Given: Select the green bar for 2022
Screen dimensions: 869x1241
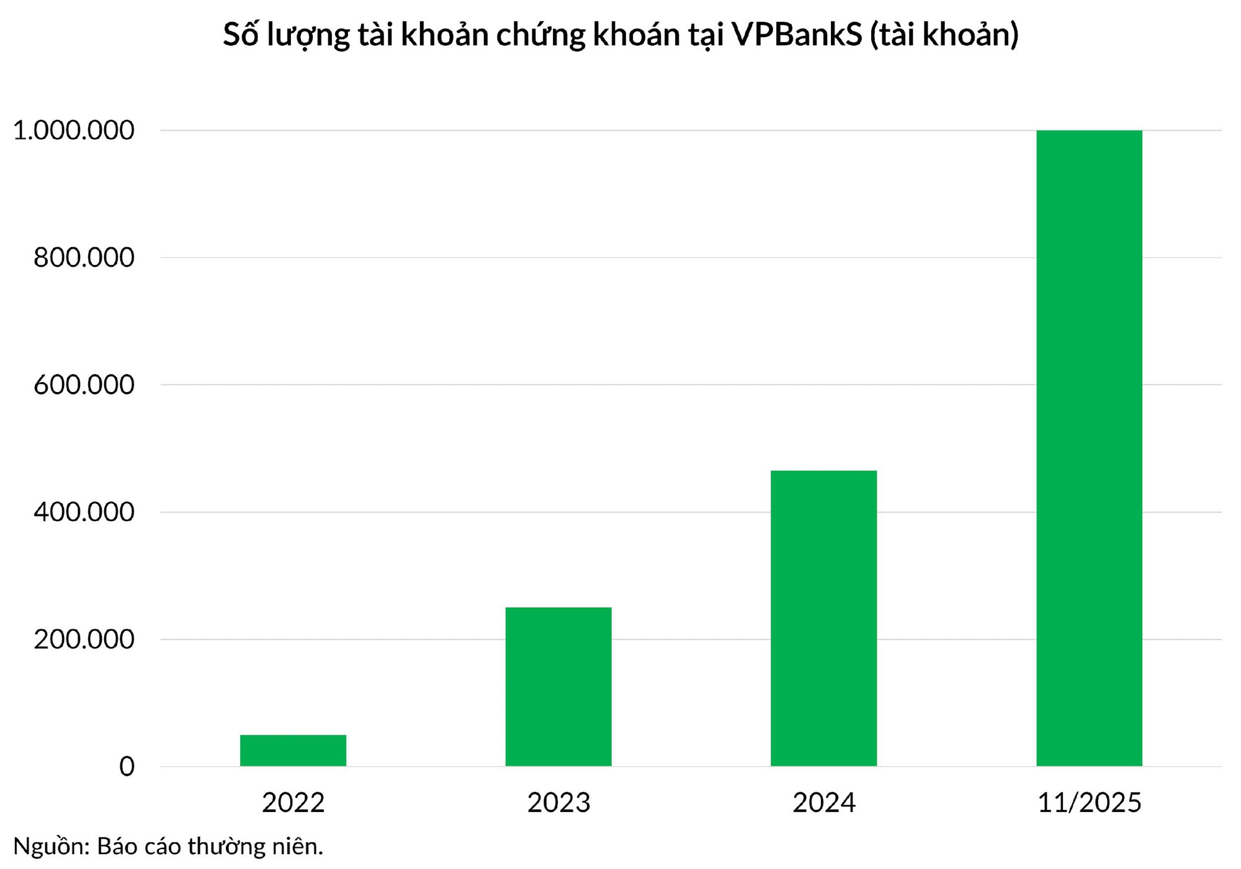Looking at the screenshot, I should click(293, 750).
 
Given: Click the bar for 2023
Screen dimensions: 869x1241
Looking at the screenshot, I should click(558, 686).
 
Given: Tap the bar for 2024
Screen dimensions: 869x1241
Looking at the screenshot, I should click(823, 618).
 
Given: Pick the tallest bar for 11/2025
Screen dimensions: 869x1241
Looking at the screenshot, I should click(1089, 448).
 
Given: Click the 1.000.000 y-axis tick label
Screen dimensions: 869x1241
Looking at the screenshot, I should click(73, 130).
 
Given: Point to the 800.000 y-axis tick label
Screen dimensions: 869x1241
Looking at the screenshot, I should click(84, 257).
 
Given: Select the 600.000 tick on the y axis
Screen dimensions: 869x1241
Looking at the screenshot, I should click(84, 385).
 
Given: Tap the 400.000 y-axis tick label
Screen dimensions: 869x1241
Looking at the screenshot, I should click(84, 512).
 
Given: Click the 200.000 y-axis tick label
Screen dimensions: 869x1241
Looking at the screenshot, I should click(84, 639).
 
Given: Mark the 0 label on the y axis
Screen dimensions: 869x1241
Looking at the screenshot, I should click(127, 767).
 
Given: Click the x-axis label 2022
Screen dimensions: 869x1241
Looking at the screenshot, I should click(293, 803).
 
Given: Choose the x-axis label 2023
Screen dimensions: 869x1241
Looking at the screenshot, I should click(558, 803).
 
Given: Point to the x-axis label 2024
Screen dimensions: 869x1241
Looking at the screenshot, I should click(823, 803).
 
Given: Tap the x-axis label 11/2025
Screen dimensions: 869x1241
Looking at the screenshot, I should click(1089, 803).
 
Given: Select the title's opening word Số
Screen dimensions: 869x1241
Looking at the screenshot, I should click(241, 35).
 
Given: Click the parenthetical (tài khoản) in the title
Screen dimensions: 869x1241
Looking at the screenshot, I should click(944, 35).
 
